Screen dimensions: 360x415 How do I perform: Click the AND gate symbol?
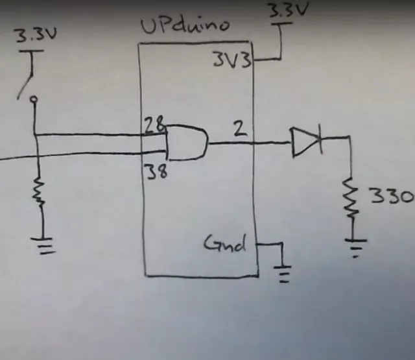[x=187, y=143]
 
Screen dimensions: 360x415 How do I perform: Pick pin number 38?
[x=154, y=172]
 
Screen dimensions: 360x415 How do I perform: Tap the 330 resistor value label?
[x=391, y=195]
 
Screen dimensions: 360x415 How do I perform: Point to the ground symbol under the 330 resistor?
[x=354, y=247]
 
